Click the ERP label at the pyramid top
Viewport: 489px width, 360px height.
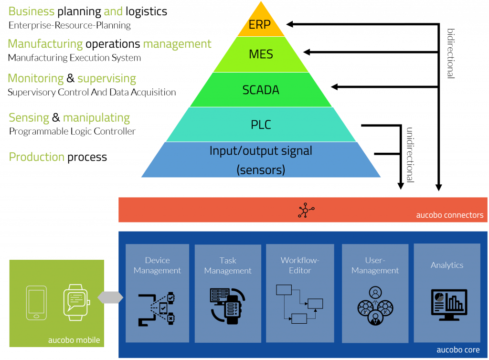pyautogui.click(x=260, y=25)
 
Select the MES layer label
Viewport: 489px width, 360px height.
pyautogui.click(x=261, y=54)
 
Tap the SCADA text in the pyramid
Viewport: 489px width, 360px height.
pyautogui.click(x=261, y=90)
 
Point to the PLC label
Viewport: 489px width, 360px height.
pyautogui.click(x=261, y=125)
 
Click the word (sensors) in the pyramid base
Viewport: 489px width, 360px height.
pyautogui.click(x=261, y=169)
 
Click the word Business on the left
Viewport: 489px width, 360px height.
pyautogui.click(x=32, y=11)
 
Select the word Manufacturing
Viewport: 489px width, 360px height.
pyautogui.click(x=45, y=44)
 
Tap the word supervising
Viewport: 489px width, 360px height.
pyautogui.click(x=106, y=79)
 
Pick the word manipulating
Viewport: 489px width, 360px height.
pyautogui.click(x=96, y=118)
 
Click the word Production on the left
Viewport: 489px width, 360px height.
pyautogui.click(x=37, y=157)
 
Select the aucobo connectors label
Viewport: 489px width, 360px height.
pyautogui.click(x=449, y=215)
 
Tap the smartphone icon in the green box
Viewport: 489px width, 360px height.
pyautogui.click(x=37, y=303)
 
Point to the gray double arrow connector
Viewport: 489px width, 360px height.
pyautogui.click(x=110, y=297)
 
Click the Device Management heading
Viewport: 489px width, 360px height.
pyautogui.click(x=157, y=265)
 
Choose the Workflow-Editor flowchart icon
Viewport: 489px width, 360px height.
pyautogui.click(x=299, y=304)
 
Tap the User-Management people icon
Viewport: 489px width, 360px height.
pyautogui.click(x=375, y=306)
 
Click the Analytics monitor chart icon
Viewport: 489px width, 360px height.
pyautogui.click(x=448, y=304)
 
